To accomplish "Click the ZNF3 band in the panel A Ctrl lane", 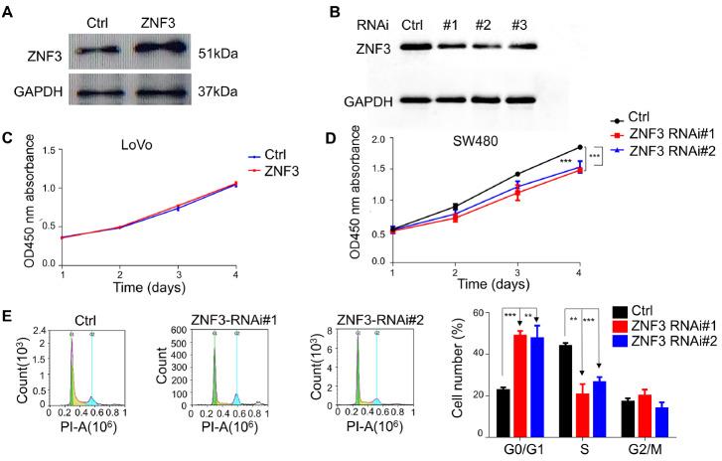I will point(100,50).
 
